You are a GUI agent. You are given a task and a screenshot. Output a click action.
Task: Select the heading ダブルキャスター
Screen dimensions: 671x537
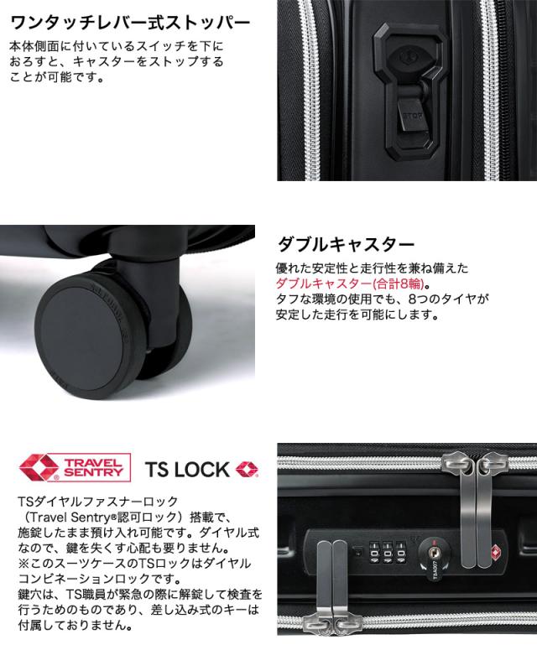click(346, 245)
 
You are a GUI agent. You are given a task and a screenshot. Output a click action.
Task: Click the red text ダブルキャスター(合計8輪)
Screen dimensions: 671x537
click(353, 283)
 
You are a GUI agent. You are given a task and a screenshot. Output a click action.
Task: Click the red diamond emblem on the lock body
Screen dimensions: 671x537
click(462, 551)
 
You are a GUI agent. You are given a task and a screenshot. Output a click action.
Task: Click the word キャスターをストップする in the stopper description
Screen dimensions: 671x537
click(150, 63)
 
